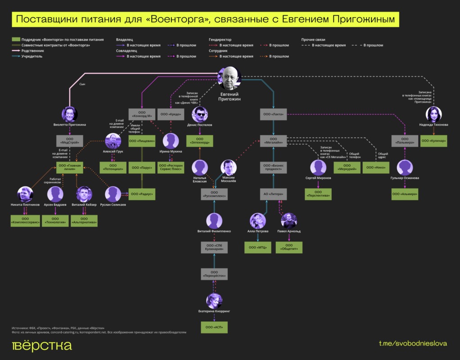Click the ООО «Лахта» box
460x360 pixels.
(x=273, y=114)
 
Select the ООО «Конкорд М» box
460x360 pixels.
(x=141, y=114)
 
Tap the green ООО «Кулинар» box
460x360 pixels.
(x=433, y=141)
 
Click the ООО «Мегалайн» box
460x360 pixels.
(x=273, y=141)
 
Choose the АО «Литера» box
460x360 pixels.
(x=273, y=194)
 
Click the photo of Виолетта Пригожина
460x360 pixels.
(x=70, y=114)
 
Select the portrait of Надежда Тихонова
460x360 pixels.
(x=433, y=114)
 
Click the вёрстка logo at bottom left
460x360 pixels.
(x=41, y=345)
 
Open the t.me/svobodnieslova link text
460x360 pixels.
(x=413, y=343)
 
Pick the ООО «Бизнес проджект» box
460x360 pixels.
(x=273, y=167)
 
